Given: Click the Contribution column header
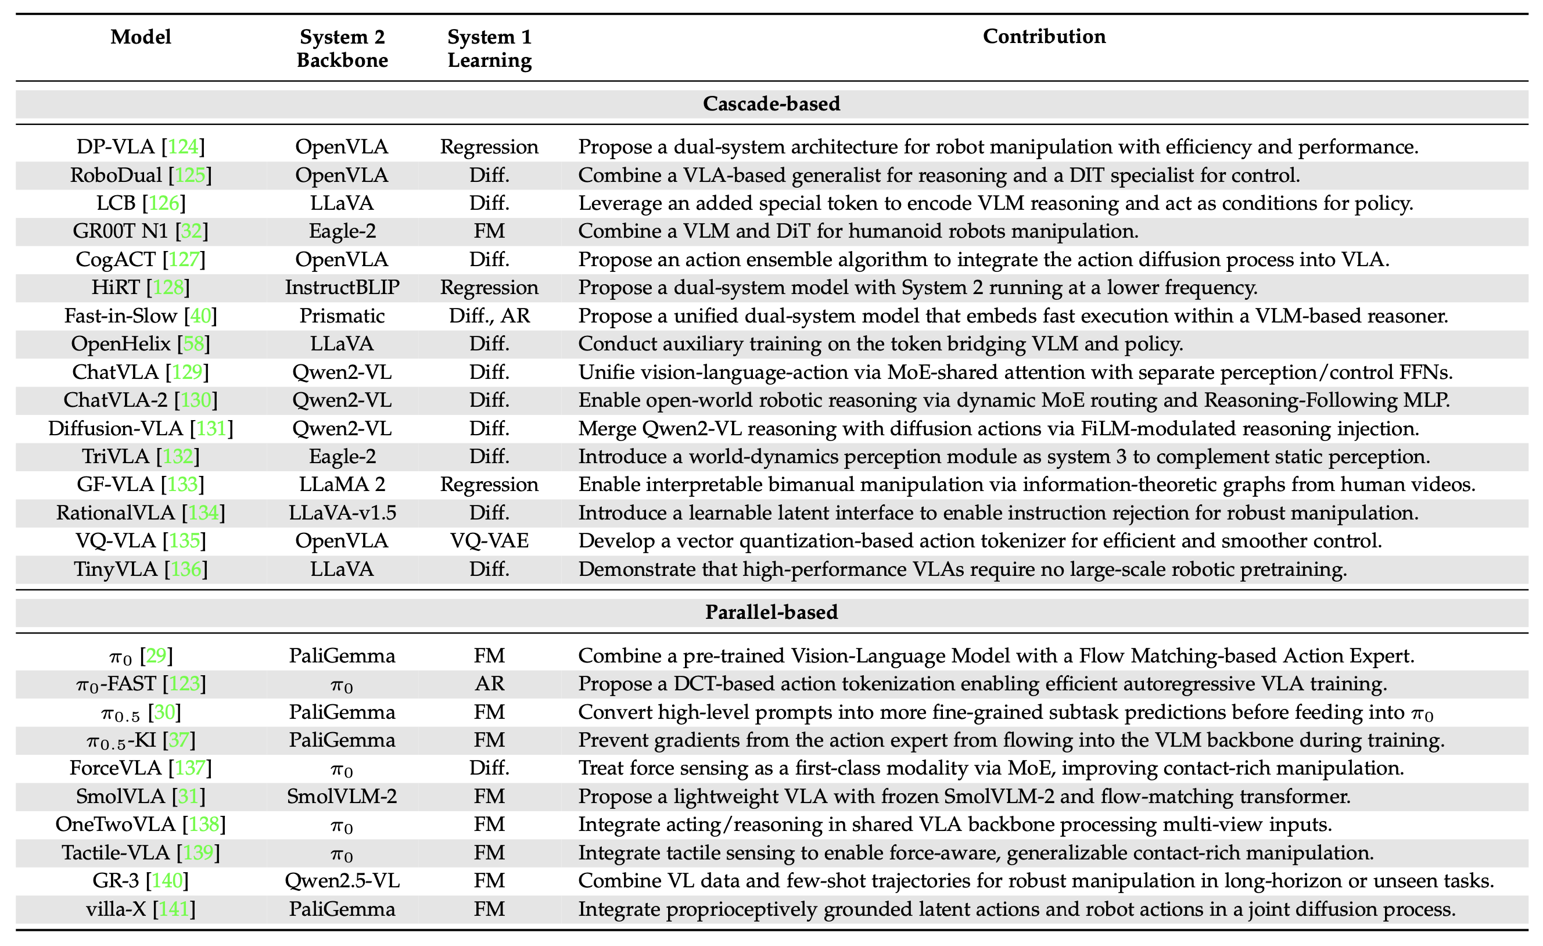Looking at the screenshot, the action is click(x=1044, y=37).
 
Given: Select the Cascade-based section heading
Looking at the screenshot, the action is click(x=771, y=103).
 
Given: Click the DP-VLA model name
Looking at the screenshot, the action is click(x=115, y=146).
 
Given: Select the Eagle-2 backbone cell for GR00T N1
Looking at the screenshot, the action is click(x=342, y=231).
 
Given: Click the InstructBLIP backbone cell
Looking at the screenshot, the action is click(x=342, y=287).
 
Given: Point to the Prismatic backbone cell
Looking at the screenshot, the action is click(x=342, y=315).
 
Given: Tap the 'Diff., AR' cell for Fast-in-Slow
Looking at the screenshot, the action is click(x=489, y=316).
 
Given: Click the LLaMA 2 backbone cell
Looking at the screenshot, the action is click(x=342, y=484).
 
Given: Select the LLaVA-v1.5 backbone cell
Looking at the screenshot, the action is click(x=342, y=513).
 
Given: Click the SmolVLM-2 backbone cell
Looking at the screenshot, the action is click(x=342, y=796).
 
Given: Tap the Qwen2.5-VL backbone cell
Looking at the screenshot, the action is click(x=342, y=881).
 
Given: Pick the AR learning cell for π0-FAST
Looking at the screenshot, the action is click(x=489, y=683).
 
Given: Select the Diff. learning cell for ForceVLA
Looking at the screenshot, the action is click(x=489, y=768).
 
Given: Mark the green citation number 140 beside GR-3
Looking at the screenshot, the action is click(x=167, y=881).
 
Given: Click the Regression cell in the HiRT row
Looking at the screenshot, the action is click(x=489, y=288).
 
